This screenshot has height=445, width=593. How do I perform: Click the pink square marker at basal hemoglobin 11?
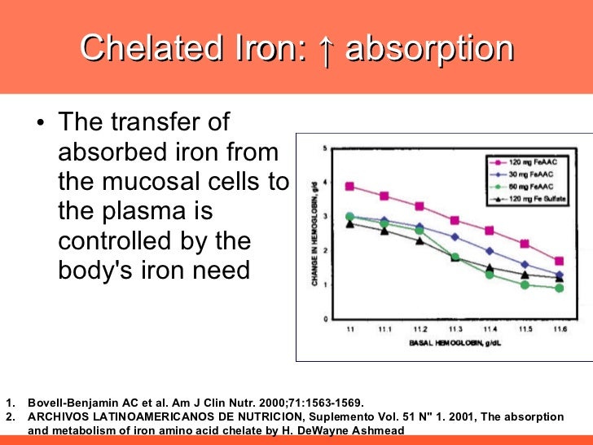[x=349, y=187]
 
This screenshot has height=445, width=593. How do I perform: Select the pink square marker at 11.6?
[x=559, y=262]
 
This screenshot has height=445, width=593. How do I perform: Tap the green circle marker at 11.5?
[x=525, y=284]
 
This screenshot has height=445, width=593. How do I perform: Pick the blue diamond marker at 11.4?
[x=490, y=251]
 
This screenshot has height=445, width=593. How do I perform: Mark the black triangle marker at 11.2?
[x=419, y=240]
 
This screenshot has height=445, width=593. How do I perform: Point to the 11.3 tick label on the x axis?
[x=455, y=328]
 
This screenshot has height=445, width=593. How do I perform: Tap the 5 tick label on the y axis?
[x=325, y=148]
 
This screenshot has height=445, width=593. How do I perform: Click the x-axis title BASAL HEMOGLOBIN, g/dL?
[x=454, y=343]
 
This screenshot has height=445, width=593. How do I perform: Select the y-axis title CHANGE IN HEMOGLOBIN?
[x=313, y=233]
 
